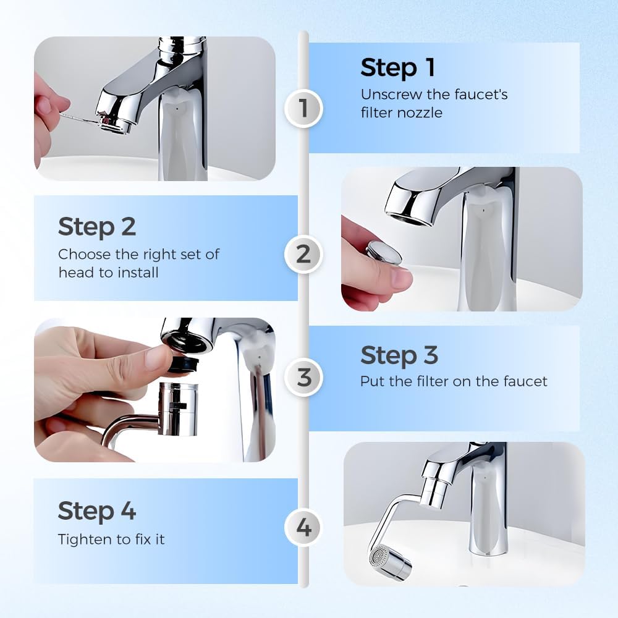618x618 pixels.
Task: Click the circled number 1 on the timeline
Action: click(x=303, y=108)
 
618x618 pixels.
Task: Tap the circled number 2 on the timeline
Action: click(x=303, y=254)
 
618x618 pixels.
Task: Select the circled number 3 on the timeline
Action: click(x=303, y=377)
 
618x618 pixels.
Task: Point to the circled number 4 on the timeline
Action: click(x=303, y=528)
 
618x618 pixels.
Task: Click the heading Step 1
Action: click(x=398, y=68)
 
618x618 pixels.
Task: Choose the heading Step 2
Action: click(x=96, y=227)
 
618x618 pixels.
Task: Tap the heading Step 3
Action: click(x=399, y=355)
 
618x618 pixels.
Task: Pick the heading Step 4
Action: click(x=96, y=511)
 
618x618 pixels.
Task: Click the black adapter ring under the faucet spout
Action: click(x=186, y=365)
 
